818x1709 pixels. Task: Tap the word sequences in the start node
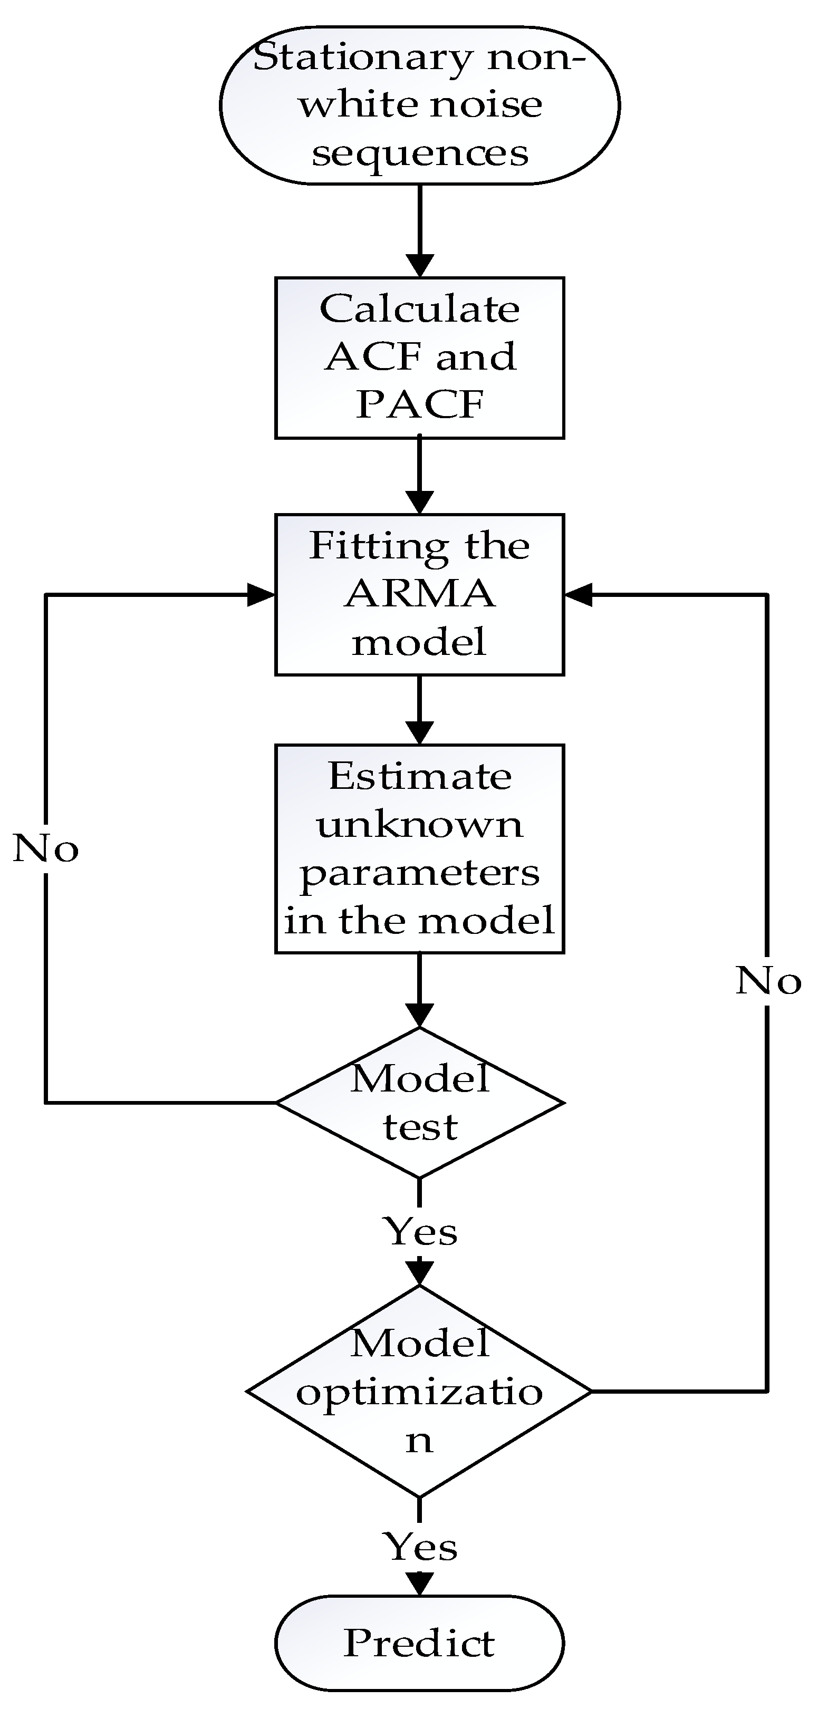coord(420,154)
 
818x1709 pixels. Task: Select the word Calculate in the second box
coord(420,309)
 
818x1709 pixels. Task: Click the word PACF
coord(420,404)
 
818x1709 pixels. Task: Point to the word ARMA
coord(420,594)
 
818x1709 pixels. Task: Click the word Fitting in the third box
coord(378,547)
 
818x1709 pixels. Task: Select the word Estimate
coord(420,776)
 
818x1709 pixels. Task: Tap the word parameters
coord(420,873)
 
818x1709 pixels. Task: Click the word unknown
coord(420,825)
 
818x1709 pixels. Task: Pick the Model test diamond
coord(420,1103)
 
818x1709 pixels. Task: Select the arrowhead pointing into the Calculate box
coord(420,265)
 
